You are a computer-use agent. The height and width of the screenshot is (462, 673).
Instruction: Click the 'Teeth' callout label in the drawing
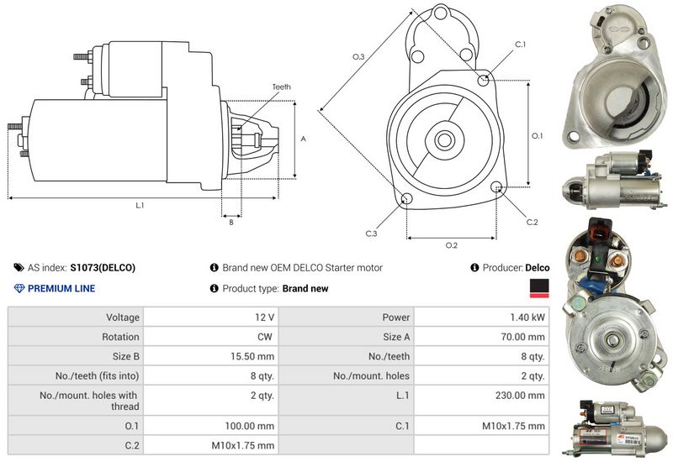(281, 87)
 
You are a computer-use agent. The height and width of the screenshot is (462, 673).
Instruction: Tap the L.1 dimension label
(140, 206)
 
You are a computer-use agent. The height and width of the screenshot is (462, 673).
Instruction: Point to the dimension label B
(231, 222)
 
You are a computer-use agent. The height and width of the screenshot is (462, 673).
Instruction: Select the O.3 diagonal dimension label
(358, 57)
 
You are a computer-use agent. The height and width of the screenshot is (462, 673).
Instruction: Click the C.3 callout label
(371, 233)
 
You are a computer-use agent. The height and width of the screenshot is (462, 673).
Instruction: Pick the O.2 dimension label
(451, 245)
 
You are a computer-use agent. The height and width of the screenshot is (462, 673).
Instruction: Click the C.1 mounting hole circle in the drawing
(483, 80)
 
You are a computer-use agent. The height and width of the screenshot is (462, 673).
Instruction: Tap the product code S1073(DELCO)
(103, 268)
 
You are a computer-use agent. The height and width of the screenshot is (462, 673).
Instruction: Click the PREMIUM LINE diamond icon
(20, 289)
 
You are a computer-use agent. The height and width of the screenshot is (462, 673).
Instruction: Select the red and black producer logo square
(538, 289)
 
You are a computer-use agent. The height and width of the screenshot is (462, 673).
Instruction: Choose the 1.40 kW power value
(527, 318)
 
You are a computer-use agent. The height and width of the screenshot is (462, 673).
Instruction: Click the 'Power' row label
(395, 318)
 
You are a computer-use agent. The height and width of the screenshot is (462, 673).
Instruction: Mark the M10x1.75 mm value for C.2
(244, 445)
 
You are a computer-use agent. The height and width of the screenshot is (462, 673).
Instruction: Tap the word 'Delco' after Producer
(538, 268)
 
